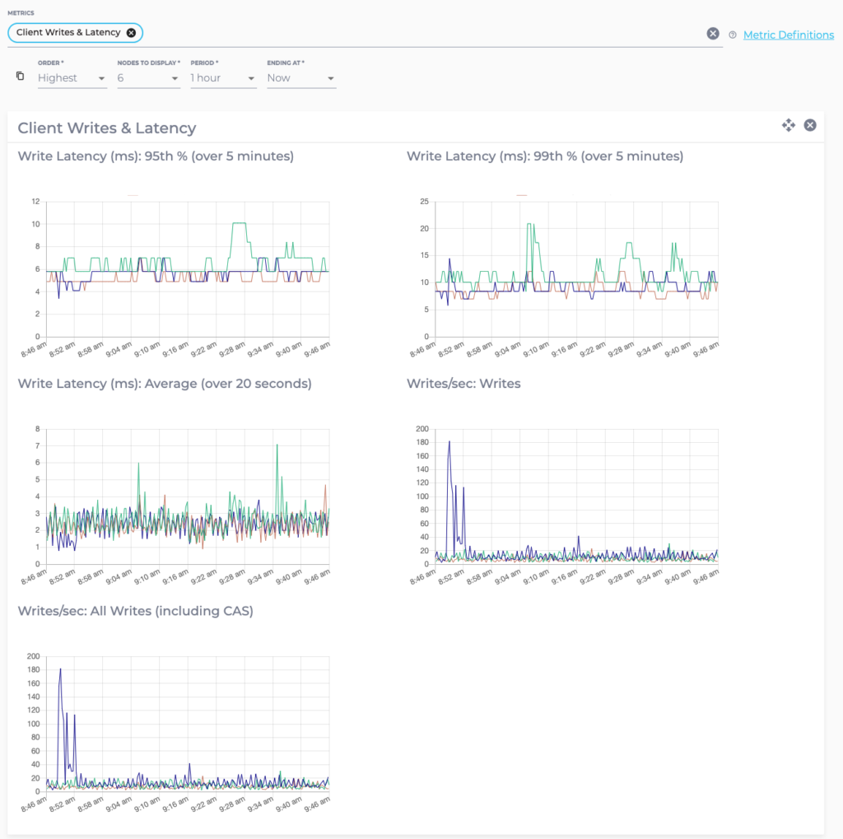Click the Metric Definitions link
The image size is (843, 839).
coord(788,35)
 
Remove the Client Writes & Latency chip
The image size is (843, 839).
coord(131,33)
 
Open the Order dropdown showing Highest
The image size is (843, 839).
coord(72,78)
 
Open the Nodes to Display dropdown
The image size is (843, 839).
coord(148,78)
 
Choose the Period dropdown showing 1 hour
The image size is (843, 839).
coord(222,78)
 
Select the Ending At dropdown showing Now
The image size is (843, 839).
coord(300,78)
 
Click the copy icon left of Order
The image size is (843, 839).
coord(21,77)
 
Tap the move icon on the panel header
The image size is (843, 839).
coord(788,125)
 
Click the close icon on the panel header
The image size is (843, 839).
coord(810,125)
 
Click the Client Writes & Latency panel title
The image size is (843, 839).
coord(107,128)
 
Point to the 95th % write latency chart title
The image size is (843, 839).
coord(156,156)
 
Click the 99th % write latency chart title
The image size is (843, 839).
coord(544,156)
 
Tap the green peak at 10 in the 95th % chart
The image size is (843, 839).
coord(240,223)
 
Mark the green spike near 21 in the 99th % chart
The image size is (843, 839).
coord(530,224)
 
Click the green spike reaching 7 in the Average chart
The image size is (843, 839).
coord(277,445)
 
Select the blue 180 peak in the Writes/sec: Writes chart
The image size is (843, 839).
coord(449,442)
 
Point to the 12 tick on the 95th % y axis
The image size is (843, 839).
coord(35,201)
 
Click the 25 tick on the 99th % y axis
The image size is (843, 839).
coord(424,201)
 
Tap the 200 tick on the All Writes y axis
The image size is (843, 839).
coord(33,656)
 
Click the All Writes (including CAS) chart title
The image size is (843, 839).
coord(135,611)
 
